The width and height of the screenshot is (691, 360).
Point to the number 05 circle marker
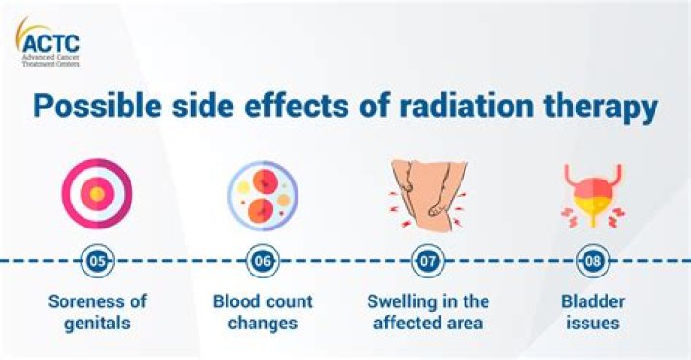click(x=97, y=259)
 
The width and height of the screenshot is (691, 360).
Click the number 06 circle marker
click(x=262, y=259)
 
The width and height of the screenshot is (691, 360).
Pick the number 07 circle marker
click(x=427, y=259)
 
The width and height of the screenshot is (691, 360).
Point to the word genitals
click(x=97, y=324)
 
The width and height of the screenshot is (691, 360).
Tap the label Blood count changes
click(x=262, y=312)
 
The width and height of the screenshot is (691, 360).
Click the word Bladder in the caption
click(x=591, y=301)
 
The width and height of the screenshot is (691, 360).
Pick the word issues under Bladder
click(x=591, y=324)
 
